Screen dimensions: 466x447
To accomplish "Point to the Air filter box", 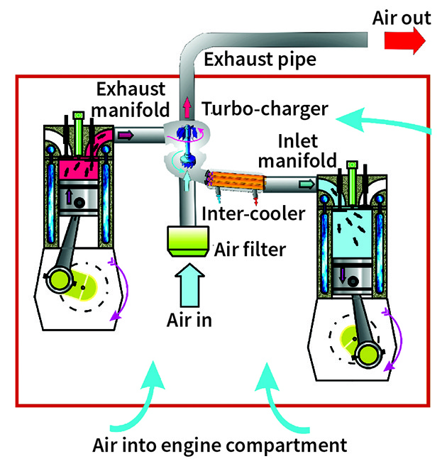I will click(188, 241).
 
